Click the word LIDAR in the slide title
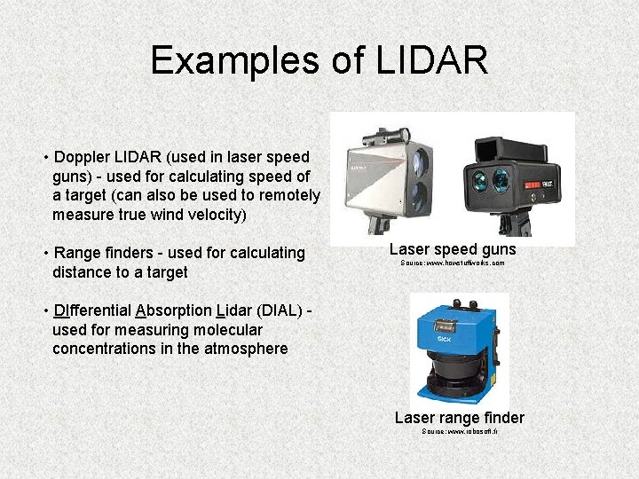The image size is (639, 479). [432, 60]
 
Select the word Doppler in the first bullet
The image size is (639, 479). [83, 158]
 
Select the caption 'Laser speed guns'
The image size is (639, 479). [453, 249]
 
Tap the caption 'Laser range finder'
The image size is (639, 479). [459, 417]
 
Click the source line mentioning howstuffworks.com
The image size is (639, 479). [453, 263]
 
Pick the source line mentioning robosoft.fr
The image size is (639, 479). [459, 431]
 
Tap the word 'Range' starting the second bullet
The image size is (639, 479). [78, 254]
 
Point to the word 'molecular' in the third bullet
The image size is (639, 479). [229, 330]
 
